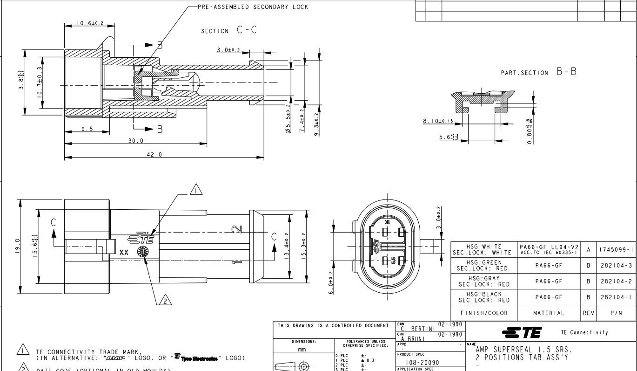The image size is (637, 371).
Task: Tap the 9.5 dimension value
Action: coord(87,129)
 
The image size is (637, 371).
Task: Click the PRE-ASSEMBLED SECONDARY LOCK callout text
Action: coord(253,7)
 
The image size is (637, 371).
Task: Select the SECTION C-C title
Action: coord(229,30)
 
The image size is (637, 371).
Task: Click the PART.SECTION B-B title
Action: coord(538,72)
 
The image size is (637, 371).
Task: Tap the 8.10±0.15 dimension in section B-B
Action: coord(438,121)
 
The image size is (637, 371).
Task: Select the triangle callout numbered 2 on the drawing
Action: coord(164,301)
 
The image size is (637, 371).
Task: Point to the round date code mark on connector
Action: coord(142,251)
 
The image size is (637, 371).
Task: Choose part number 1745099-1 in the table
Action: coord(616,249)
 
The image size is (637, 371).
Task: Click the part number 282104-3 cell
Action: coord(616,265)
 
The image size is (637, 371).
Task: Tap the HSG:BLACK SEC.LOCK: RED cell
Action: coord(484,297)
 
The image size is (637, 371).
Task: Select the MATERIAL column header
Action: coord(549,313)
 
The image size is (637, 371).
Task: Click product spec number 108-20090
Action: coord(422,362)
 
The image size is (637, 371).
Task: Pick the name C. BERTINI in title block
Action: coord(416,328)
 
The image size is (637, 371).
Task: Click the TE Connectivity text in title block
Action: coord(584,332)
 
